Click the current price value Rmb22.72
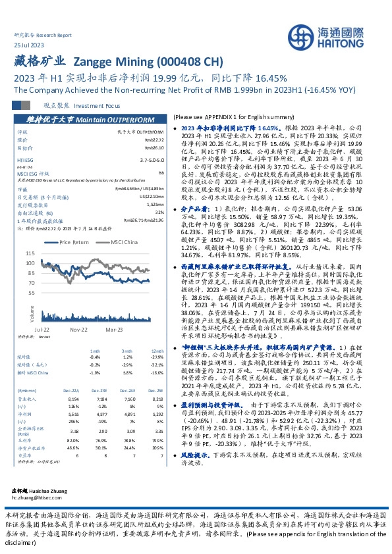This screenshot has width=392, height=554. (154, 140)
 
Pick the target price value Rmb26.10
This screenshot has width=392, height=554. (154, 148)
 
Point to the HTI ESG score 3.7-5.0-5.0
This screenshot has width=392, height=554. (151, 160)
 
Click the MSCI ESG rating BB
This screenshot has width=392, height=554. (160, 173)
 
